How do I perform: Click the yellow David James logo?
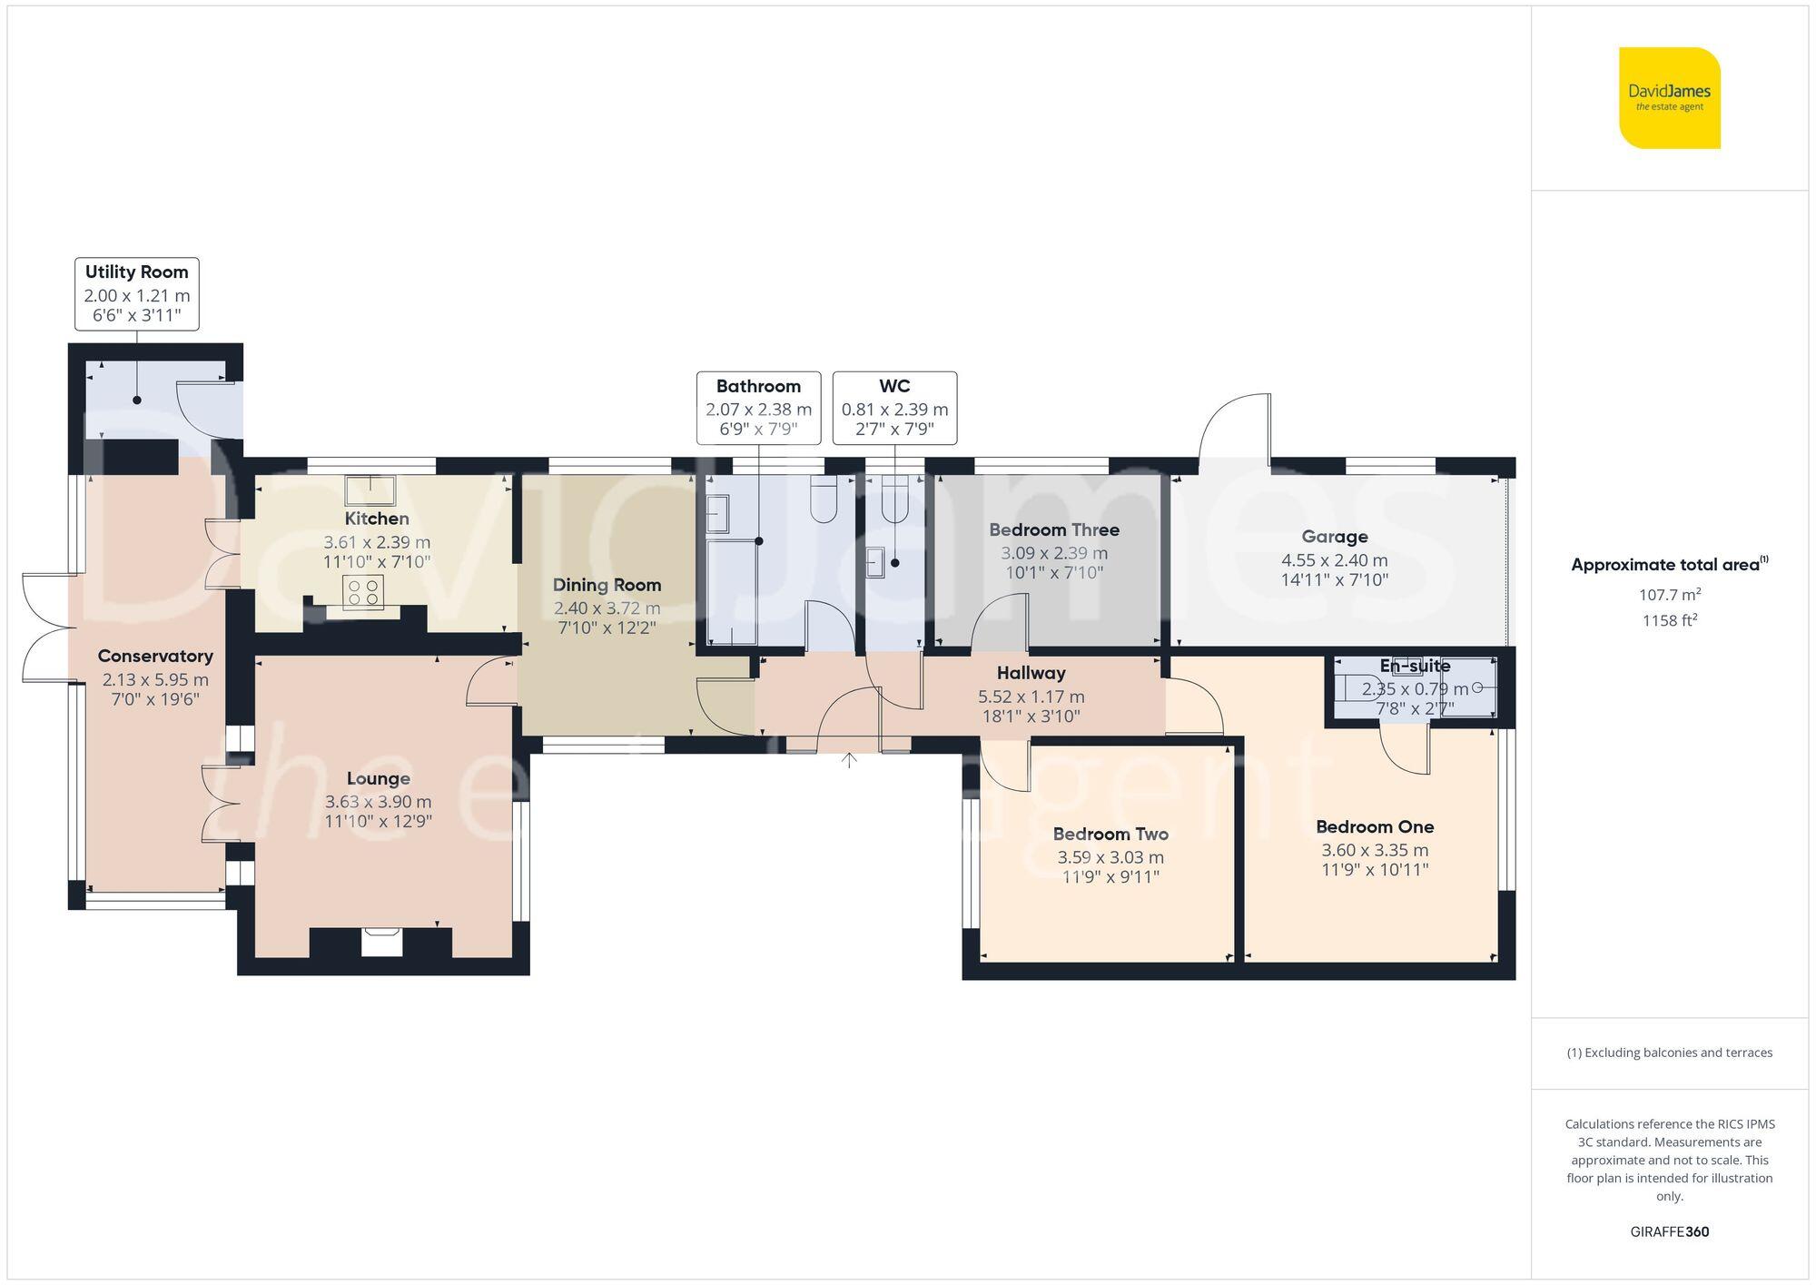click(1669, 98)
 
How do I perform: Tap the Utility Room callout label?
click(136, 293)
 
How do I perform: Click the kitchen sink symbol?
click(370, 490)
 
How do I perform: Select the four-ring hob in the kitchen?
click(363, 592)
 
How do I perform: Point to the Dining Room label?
click(607, 586)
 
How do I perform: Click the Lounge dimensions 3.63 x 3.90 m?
click(378, 802)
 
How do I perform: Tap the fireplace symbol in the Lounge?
click(380, 942)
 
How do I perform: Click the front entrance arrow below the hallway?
click(849, 760)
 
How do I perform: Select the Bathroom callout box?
click(758, 408)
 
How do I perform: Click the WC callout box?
click(894, 408)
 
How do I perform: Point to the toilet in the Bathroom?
click(824, 500)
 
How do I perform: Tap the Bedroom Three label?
click(1053, 529)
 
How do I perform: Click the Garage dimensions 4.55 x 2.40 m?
click(1334, 560)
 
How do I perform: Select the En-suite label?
click(1415, 666)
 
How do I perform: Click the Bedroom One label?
click(1375, 826)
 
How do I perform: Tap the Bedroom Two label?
click(1110, 834)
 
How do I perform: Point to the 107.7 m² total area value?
click(1669, 595)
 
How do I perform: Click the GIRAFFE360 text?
click(1669, 1231)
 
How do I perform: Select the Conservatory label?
click(155, 656)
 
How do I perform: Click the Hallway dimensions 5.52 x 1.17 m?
click(1031, 697)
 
